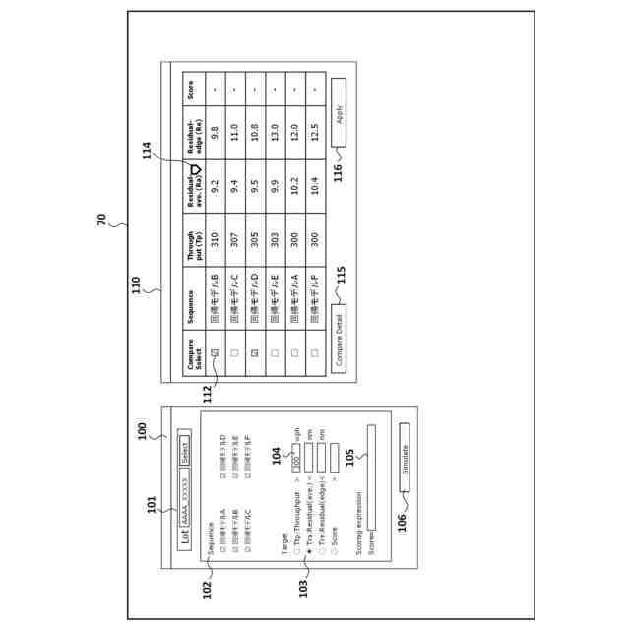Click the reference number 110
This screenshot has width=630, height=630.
pyautogui.click(x=137, y=285)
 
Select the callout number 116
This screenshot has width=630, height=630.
pyautogui.click(x=338, y=171)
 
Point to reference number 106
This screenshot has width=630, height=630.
pyautogui.click(x=402, y=521)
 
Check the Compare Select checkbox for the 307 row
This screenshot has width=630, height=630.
pyautogui.click(x=234, y=352)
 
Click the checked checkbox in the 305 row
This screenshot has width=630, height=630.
pyautogui.click(x=254, y=352)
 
